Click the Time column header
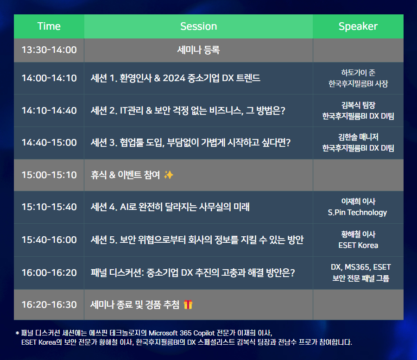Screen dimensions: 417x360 pyautogui.click(x=49, y=26)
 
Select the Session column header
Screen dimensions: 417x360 pyautogui.click(x=199, y=26)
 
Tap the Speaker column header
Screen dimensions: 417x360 pyautogui.click(x=358, y=26)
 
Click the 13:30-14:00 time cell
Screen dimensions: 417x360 pyautogui.click(x=49, y=50)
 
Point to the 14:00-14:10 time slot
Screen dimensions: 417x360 pyautogui.click(x=49, y=78)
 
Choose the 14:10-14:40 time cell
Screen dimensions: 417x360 pyautogui.click(x=49, y=110)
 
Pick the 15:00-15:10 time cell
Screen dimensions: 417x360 pyautogui.click(x=49, y=175)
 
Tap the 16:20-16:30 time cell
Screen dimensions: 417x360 pyautogui.click(x=49, y=305)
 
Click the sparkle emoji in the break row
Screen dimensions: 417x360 pyautogui.click(x=169, y=175)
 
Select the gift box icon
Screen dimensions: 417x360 pyautogui.click(x=188, y=304)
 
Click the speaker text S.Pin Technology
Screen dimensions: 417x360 pyautogui.click(x=357, y=213)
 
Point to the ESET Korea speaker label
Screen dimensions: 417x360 pyautogui.click(x=358, y=245)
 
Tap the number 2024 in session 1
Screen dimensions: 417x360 pyautogui.click(x=174, y=78)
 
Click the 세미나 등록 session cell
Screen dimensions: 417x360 pyautogui.click(x=198, y=50)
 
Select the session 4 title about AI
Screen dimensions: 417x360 pyautogui.click(x=170, y=207)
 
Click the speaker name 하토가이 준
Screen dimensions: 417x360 pyautogui.click(x=358, y=73)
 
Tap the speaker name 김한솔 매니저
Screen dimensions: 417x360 pyautogui.click(x=358, y=137)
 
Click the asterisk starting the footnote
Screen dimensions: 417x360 pyautogui.click(x=17, y=333)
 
